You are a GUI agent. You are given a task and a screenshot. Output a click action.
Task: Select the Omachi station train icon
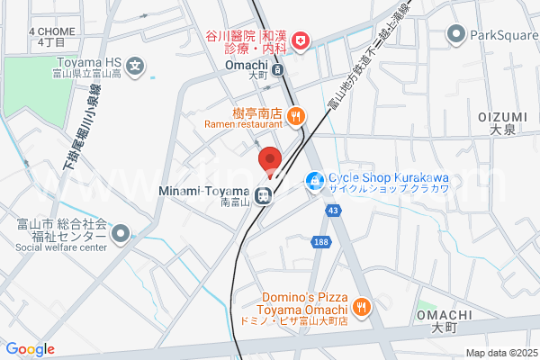point(278,69)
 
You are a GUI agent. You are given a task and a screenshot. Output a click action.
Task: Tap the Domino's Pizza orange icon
point(361,307)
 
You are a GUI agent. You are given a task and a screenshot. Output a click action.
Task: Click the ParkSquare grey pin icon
point(455,34)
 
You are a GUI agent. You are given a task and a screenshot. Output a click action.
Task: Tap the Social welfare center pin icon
point(120,234)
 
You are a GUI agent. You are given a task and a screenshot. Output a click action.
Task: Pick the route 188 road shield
point(321,241)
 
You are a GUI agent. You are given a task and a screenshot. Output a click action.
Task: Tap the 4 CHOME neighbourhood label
point(50,31)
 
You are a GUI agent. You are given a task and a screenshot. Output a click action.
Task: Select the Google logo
point(30,349)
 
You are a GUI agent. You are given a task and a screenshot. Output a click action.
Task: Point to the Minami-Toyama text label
point(202,192)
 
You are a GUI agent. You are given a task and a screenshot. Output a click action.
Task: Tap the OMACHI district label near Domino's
point(444,314)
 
